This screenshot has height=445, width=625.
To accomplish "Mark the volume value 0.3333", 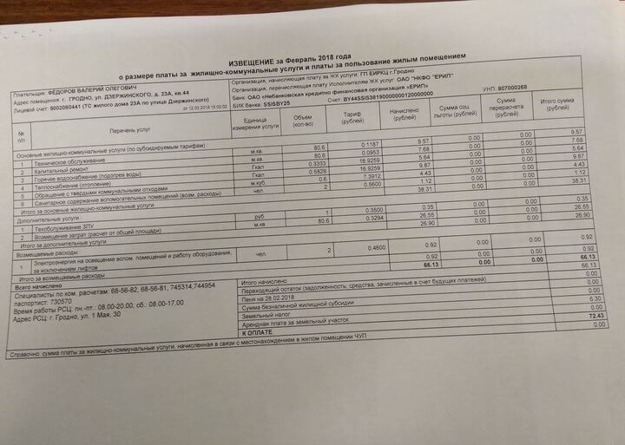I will coord(298,163).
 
